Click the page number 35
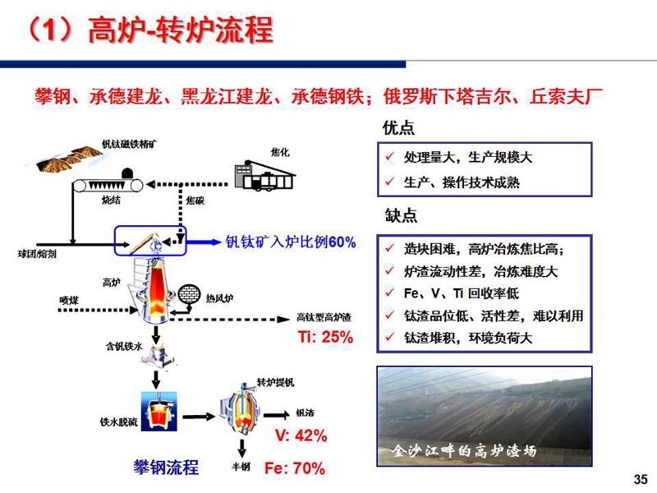(641, 479)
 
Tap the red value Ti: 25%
(325, 337)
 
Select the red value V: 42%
(301, 435)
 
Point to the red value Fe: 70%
(295, 468)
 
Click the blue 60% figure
(342, 242)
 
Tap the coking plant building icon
(264, 176)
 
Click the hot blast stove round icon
(189, 294)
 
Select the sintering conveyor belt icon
(108, 185)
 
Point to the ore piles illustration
(69, 158)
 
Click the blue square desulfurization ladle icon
(159, 412)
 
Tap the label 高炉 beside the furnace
(111, 283)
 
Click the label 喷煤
(69, 300)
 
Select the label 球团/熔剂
(37, 254)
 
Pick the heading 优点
(398, 128)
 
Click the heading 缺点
(401, 215)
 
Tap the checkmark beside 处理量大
(389, 157)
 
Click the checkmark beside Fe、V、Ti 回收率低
(389, 293)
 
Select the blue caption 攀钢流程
(167, 468)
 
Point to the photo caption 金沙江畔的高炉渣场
(464, 450)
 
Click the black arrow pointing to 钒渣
(277, 416)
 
